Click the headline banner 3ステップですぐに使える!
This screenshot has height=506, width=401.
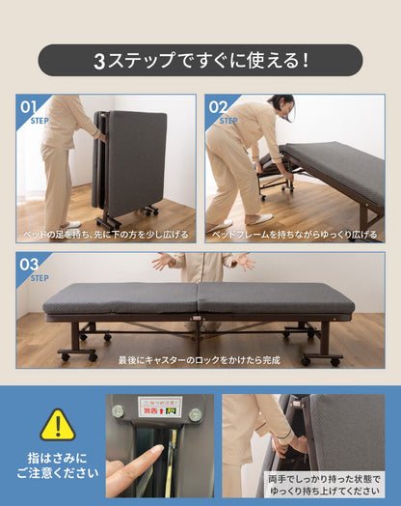point(200,60)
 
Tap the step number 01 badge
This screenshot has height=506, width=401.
point(29,106)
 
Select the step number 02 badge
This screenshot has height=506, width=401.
point(218,106)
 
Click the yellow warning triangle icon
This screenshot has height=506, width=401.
point(57,424)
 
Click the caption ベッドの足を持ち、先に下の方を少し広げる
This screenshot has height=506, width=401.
point(106,235)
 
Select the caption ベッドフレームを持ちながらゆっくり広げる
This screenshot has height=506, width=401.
point(294,235)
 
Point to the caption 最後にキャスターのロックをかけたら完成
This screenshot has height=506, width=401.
point(200,359)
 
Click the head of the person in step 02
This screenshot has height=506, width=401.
point(281,103)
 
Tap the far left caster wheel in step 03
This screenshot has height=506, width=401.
point(65,356)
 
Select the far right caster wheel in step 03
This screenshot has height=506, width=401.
point(334,360)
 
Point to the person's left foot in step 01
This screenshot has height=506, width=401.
point(69,225)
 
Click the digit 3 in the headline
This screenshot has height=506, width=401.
point(99,60)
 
